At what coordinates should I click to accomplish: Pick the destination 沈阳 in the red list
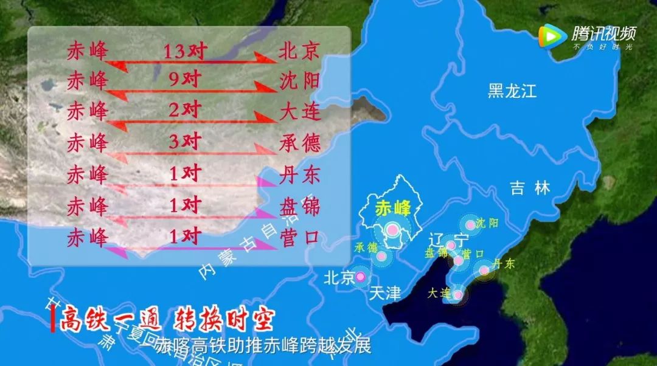299,81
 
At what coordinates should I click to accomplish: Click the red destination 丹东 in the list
299,175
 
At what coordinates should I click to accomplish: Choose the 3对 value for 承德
185,143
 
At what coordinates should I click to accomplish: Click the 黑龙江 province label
512,92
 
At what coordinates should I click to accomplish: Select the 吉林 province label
530,188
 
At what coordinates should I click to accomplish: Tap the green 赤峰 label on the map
393,207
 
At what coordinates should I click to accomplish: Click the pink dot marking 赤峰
393,230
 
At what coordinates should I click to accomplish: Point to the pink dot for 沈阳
470,226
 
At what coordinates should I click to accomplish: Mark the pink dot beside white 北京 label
360,277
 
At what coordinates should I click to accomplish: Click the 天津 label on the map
385,294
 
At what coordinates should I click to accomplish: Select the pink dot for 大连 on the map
457,295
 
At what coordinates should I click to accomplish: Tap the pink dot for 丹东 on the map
484,271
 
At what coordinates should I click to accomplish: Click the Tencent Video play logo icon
551,37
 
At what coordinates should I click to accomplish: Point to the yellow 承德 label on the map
366,247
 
